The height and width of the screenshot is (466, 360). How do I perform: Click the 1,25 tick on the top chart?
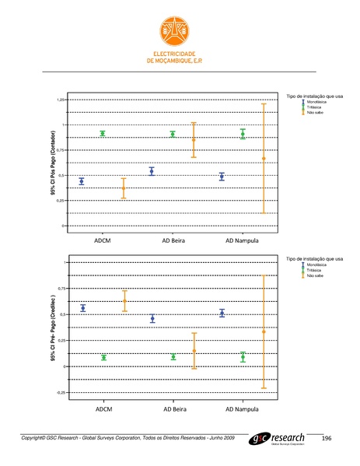coord(61,100)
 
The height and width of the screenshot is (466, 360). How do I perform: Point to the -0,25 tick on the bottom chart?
coord(61,393)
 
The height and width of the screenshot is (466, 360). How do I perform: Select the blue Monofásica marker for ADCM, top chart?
coord(82,181)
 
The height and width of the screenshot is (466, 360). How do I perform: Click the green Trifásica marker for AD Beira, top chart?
coord(173,134)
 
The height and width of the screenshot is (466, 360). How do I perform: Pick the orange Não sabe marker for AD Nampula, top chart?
coord(264,159)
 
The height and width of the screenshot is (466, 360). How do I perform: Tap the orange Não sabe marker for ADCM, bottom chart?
coord(124,301)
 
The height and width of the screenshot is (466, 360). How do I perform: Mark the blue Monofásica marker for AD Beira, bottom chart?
coord(152,318)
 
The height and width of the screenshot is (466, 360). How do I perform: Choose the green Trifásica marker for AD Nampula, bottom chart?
coord(243,357)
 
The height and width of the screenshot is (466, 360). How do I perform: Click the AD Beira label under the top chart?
coord(173,240)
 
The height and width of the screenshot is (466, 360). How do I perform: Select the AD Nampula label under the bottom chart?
coord(242,408)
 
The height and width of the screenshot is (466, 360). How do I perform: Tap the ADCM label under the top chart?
coord(103,240)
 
